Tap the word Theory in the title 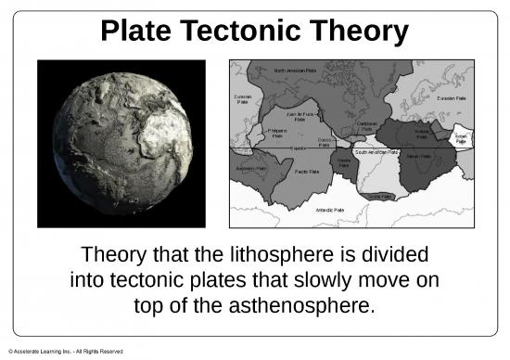click(361, 32)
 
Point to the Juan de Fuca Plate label click(298, 115)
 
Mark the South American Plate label click(376, 152)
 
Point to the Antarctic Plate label click(329, 211)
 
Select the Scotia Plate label click(380, 197)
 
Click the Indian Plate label click(461, 138)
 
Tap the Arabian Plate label click(421, 135)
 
